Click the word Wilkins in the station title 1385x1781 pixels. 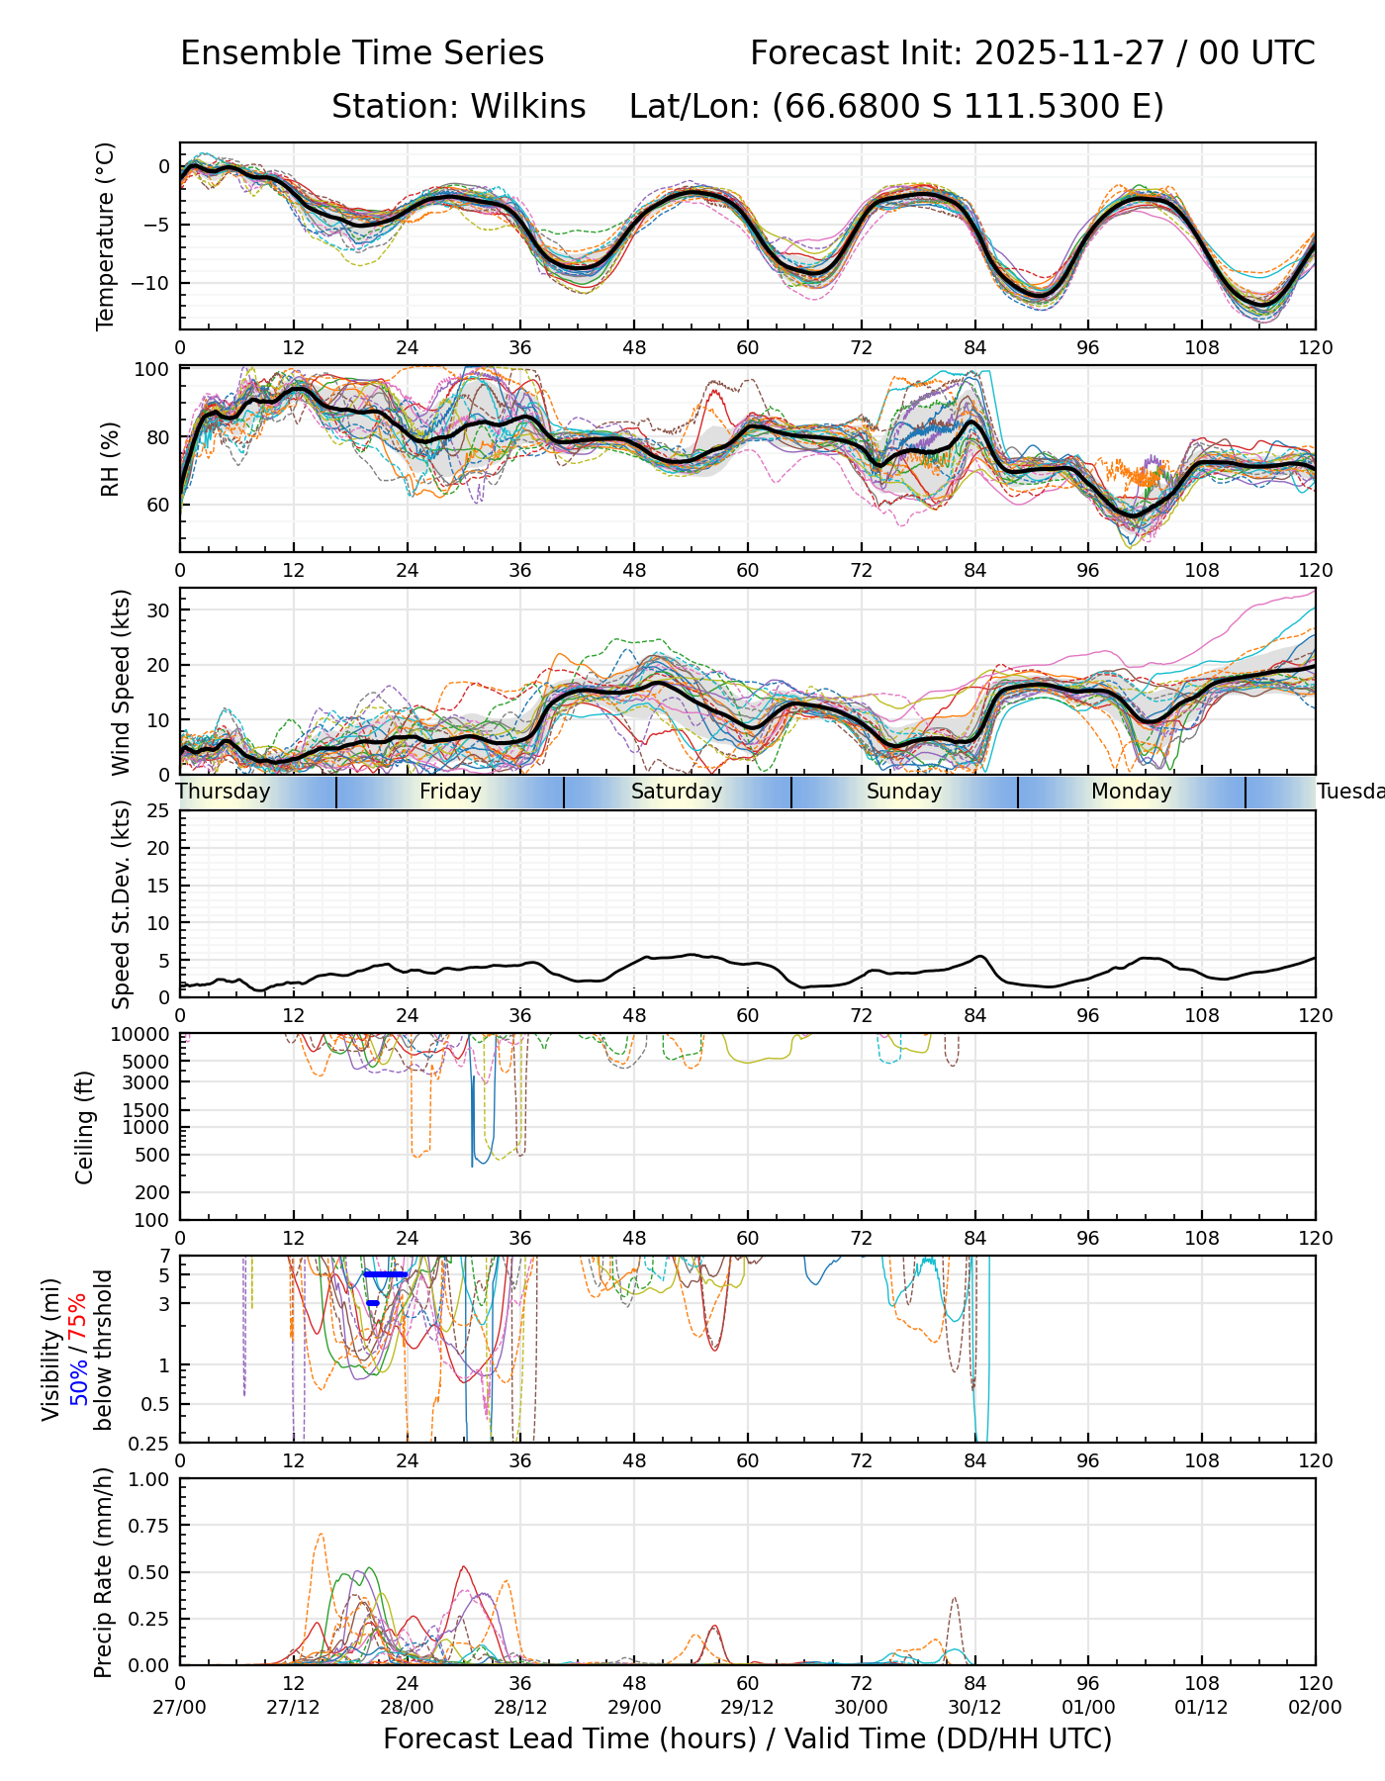(x=528, y=106)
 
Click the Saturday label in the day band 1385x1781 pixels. (x=677, y=792)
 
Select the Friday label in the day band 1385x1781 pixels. (x=450, y=792)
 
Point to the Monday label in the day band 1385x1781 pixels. (x=1131, y=792)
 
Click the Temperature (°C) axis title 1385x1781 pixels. (x=106, y=235)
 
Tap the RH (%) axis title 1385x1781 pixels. (x=110, y=459)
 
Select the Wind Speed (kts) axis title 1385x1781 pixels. (x=121, y=682)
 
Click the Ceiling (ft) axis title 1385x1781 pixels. (x=85, y=1127)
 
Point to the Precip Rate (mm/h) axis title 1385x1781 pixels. (x=103, y=1572)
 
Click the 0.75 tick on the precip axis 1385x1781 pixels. (x=149, y=1526)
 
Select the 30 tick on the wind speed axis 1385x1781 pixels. (x=158, y=610)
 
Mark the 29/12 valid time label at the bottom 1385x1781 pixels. (x=747, y=1709)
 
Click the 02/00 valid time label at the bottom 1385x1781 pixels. (x=1315, y=1709)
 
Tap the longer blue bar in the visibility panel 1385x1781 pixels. (x=386, y=1274)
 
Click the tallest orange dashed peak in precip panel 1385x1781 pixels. (x=321, y=1535)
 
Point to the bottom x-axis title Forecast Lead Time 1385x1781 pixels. (x=747, y=1739)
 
